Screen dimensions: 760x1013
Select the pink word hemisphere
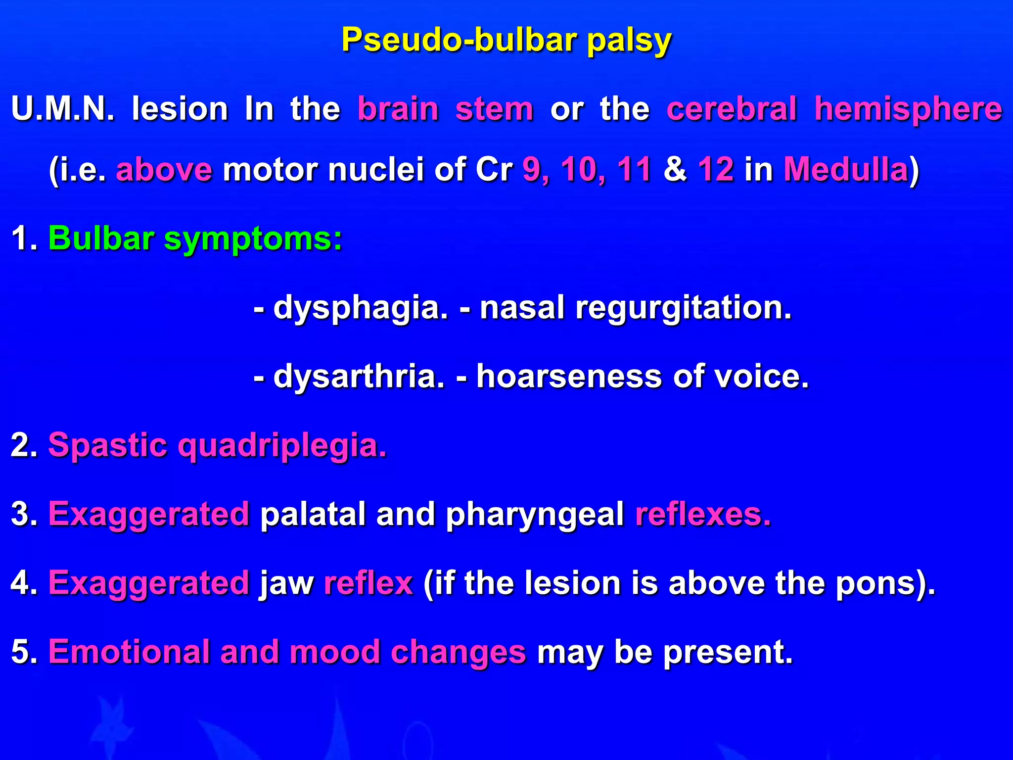pyautogui.click(x=908, y=109)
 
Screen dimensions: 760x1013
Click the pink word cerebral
pyautogui.click(x=732, y=109)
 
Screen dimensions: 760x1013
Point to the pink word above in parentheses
pyautogui.click(x=164, y=170)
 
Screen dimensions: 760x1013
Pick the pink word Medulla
pyautogui.click(x=846, y=170)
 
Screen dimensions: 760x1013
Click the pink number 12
pyautogui.click(x=716, y=170)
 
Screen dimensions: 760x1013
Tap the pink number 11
pyautogui.click(x=634, y=170)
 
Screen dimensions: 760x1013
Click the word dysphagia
pyautogui.click(x=361, y=308)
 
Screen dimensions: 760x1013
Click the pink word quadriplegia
pyautogui.click(x=282, y=445)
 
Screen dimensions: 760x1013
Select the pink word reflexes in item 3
pyautogui.click(x=703, y=515)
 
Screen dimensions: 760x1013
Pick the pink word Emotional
pyautogui.click(x=130, y=652)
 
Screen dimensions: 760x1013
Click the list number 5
pyautogui.click(x=22, y=652)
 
